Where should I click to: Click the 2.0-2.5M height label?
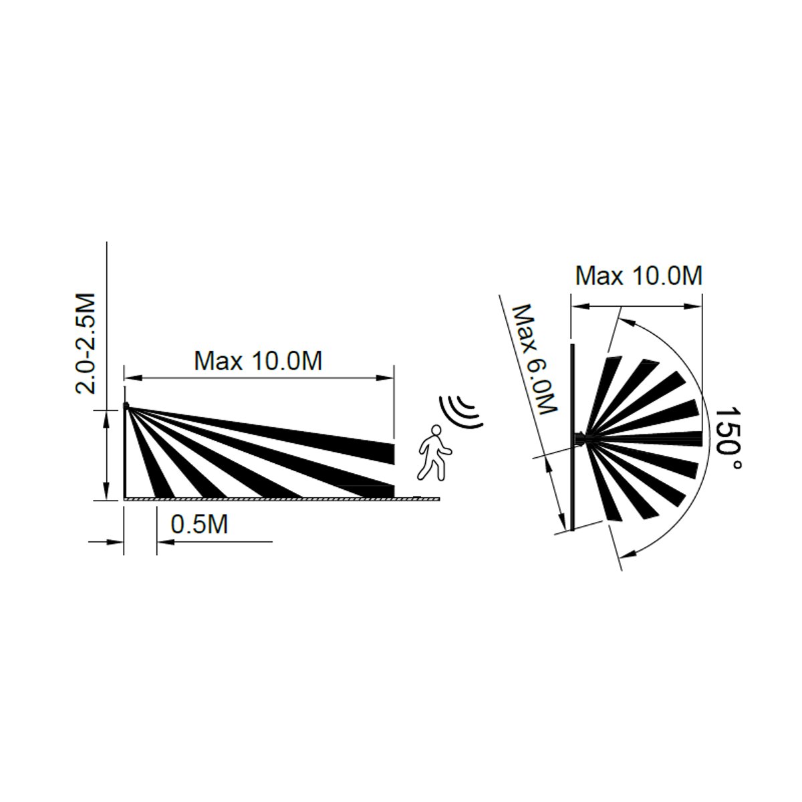pos(86,344)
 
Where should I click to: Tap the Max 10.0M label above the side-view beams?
pos(258,362)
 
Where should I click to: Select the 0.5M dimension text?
pos(200,525)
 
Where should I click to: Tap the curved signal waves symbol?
pos(461,411)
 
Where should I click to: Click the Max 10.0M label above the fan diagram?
pos(639,275)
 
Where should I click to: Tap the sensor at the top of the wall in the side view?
pos(126,404)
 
